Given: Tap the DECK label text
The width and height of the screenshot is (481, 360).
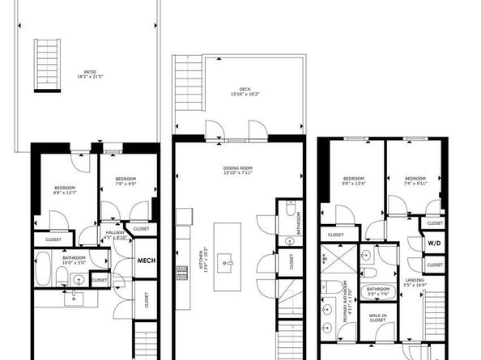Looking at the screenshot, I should click(244, 91).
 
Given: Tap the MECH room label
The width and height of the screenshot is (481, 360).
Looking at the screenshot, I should click(145, 260).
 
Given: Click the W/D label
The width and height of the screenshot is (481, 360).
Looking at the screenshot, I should click(434, 243).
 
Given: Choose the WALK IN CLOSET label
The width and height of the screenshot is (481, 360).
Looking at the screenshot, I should click(377, 318).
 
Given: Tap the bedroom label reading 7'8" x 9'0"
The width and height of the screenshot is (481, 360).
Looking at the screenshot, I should click(125, 181).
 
